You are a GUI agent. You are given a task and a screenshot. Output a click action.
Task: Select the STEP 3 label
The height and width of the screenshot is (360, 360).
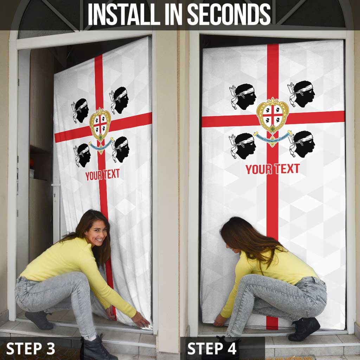[31, 348]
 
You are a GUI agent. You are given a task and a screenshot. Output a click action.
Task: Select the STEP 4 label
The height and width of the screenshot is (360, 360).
[212, 348]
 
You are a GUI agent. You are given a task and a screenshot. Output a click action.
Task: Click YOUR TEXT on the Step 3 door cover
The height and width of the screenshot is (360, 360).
[102, 174]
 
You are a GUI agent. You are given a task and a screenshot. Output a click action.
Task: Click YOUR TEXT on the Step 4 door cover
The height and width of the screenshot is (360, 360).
[272, 169]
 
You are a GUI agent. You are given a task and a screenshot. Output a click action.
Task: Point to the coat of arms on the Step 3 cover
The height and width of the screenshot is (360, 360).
[100, 124]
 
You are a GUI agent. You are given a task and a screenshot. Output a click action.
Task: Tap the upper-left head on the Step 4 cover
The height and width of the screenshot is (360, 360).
[243, 96]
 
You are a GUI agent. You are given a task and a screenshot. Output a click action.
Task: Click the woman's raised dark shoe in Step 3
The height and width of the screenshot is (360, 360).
[38, 319]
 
